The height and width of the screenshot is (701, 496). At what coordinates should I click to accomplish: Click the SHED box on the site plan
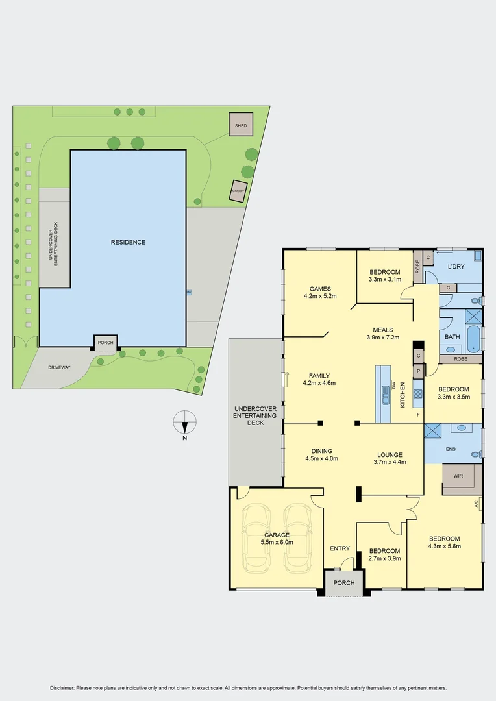pos(241,125)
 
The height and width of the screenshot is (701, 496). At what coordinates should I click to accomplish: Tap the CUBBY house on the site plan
pos(239,191)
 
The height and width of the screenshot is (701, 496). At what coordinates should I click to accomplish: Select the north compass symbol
pos(185,423)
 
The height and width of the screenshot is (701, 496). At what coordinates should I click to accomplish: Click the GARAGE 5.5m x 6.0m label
pos(277,539)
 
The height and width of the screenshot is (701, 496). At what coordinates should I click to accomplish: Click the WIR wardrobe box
pos(458,476)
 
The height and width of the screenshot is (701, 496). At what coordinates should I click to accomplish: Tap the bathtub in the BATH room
pos(473,339)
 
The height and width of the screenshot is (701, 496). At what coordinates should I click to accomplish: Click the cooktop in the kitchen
pos(418,393)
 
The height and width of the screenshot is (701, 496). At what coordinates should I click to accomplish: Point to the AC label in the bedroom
pos(476,503)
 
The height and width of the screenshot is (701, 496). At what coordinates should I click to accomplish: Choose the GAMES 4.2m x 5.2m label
pos(320,292)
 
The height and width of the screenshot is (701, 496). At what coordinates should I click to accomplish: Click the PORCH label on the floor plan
pos(344,583)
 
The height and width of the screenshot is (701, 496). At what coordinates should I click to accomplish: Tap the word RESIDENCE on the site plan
pos(128,242)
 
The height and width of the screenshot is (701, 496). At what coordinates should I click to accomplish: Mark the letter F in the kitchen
pos(418,414)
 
